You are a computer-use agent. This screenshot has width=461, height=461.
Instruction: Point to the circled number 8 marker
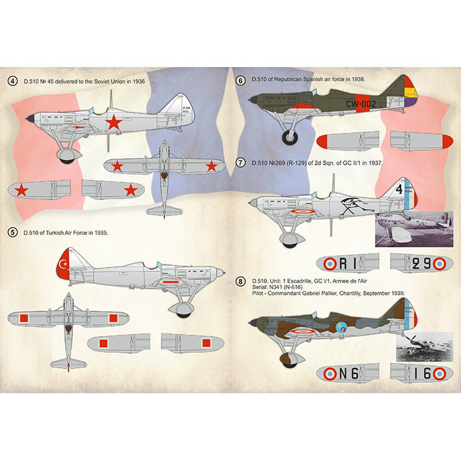click(240, 281)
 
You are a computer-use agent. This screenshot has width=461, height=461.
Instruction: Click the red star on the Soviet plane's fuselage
click(114, 122)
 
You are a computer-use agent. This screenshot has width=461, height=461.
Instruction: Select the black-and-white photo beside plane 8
click(424, 346)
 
